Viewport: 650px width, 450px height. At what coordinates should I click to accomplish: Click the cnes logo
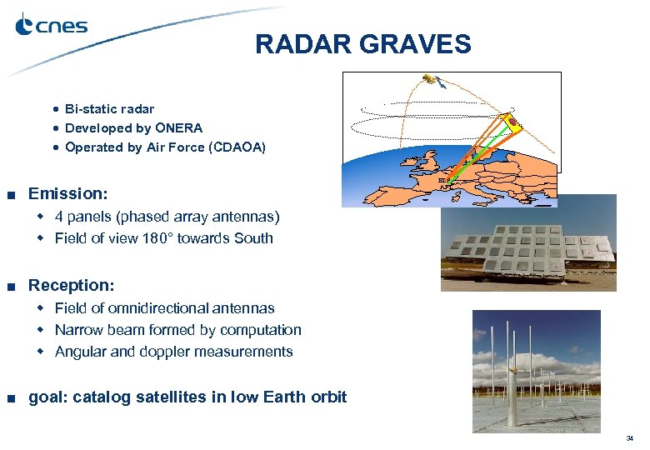click(x=52, y=26)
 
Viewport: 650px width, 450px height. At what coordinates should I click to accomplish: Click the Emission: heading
click(x=68, y=194)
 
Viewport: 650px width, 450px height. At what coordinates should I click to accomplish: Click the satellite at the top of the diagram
click(x=431, y=81)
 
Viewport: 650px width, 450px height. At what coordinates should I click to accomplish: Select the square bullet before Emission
click(x=11, y=195)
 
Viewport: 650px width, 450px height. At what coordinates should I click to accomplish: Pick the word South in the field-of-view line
click(x=254, y=238)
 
